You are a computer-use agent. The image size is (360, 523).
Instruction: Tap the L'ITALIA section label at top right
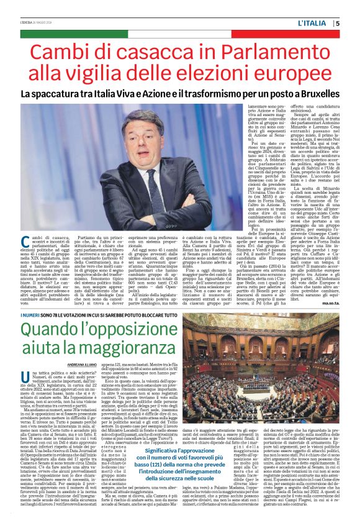pyautogui.click(x=315, y=24)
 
